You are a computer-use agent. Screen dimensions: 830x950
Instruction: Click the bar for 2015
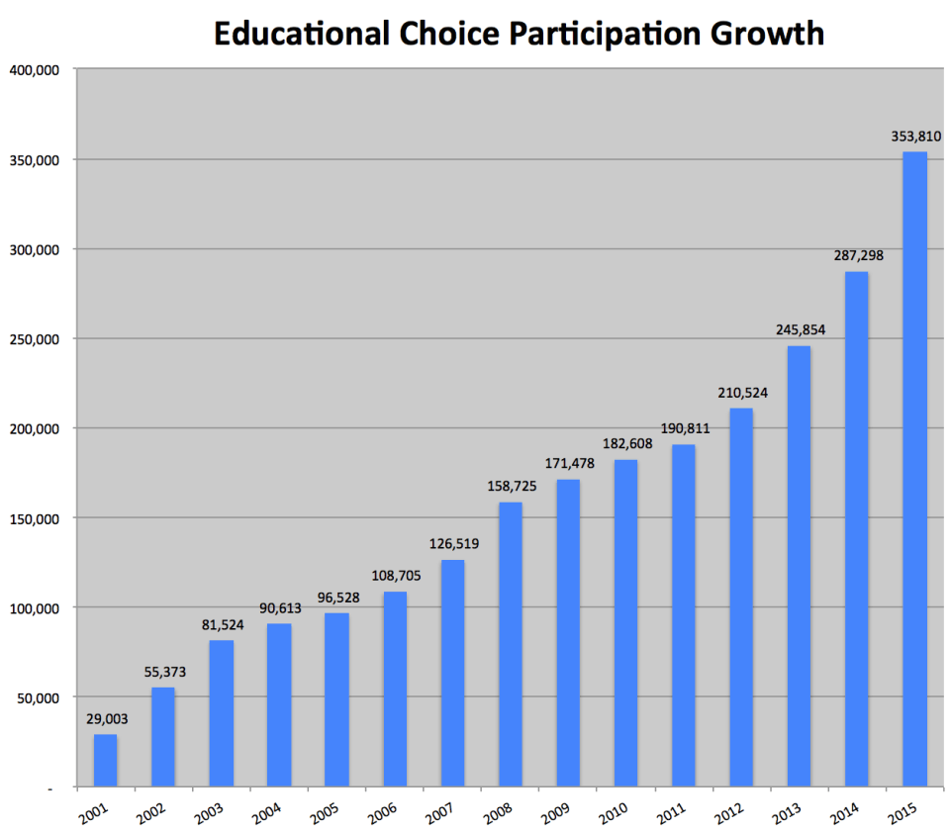pyautogui.click(x=914, y=470)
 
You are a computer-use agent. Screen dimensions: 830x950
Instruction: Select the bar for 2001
pyautogui.click(x=105, y=761)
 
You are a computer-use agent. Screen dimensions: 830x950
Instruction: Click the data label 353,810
pyautogui.click(x=914, y=137)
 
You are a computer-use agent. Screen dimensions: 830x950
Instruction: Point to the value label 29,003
pyautogui.click(x=105, y=719)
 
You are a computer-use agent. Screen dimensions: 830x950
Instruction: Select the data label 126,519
pyautogui.click(x=452, y=543)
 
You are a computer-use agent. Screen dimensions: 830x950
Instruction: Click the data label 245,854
pyautogui.click(x=799, y=329)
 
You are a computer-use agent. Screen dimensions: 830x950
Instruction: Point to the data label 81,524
pyautogui.click(x=221, y=624)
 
